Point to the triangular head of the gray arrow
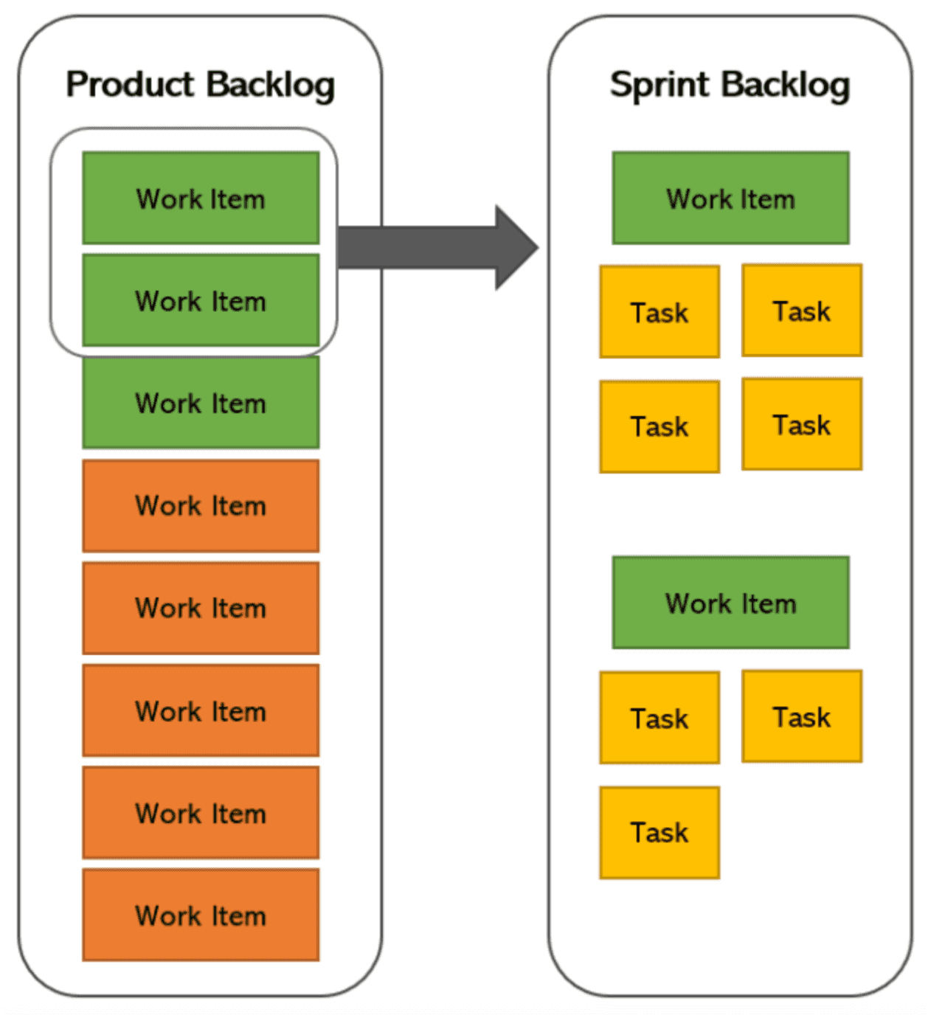click(516, 248)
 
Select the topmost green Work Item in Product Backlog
click(201, 198)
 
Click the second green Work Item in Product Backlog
click(201, 301)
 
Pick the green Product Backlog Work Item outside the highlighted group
click(201, 403)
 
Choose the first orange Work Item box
click(201, 506)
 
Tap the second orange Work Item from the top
click(201, 609)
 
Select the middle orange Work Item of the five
click(201, 711)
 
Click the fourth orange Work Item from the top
click(201, 813)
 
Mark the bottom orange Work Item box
click(201, 915)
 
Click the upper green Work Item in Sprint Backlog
click(730, 198)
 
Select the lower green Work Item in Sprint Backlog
click(730, 603)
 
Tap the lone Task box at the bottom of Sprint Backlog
click(659, 833)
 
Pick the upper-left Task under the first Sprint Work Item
click(659, 312)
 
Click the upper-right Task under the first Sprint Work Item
click(802, 311)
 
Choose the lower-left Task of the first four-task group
click(659, 426)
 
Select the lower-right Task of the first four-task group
click(802, 425)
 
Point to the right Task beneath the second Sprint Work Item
click(802, 717)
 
